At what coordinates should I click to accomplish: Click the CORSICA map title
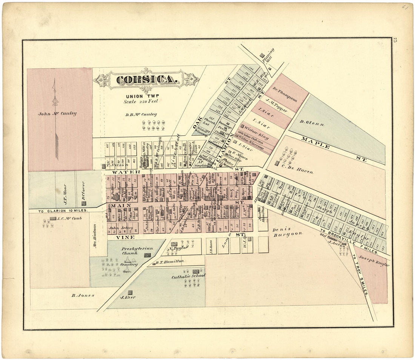coord(146,80)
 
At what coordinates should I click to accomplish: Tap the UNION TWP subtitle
coord(140,96)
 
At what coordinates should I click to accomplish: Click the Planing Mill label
coord(269,55)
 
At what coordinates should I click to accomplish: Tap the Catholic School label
coord(189,276)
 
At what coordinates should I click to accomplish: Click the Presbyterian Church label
coord(132,251)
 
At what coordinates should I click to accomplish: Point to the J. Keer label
coord(128,297)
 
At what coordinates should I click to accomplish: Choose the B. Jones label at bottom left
coord(83,295)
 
